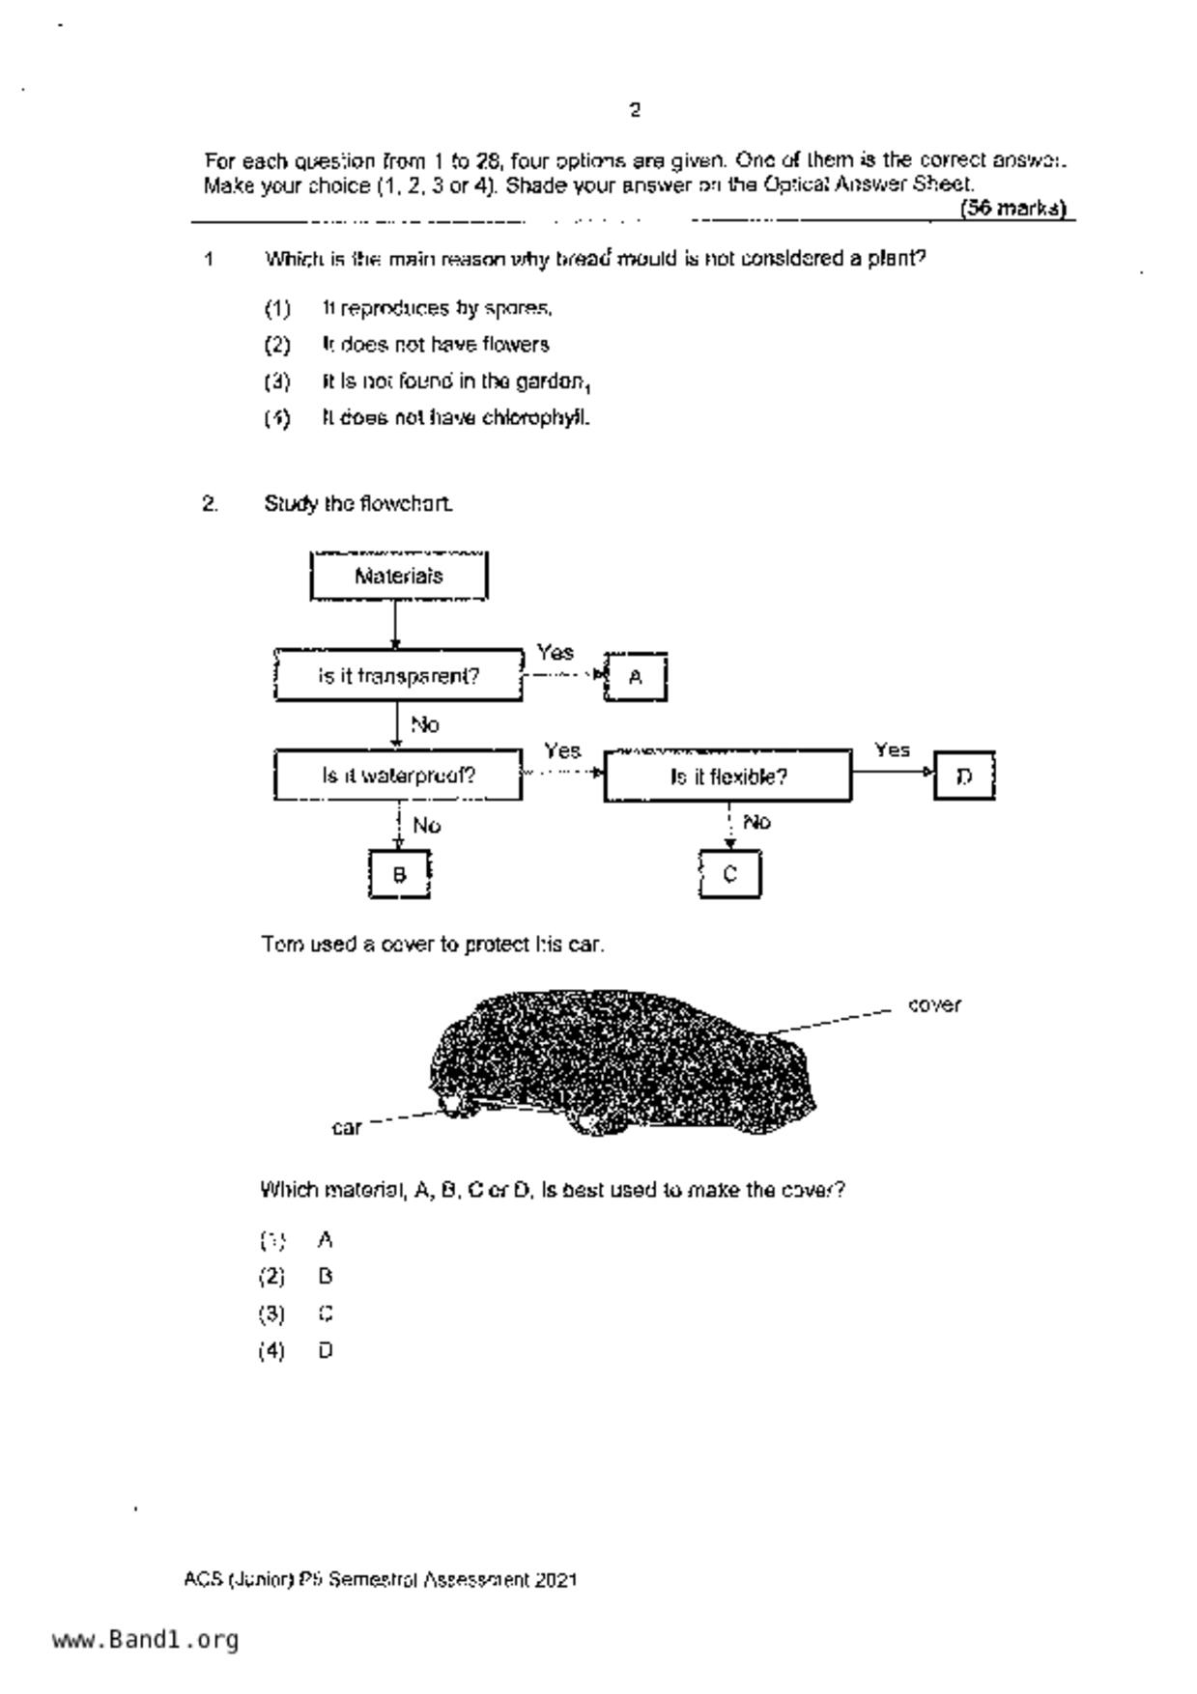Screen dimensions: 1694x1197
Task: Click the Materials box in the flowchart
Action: pos(398,577)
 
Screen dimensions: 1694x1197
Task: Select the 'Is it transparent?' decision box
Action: pos(398,676)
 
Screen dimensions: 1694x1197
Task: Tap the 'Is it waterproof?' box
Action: pos(398,776)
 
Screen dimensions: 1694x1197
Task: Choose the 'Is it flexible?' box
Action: pos(727,776)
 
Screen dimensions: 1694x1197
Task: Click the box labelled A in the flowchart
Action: pos(635,677)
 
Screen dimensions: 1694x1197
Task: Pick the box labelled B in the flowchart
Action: pos(399,874)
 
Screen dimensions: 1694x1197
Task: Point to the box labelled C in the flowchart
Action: pos(729,874)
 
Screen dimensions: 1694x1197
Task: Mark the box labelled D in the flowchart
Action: pos(964,776)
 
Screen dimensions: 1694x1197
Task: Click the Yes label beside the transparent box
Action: pos(555,653)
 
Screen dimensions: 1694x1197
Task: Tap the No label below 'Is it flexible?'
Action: pos(756,822)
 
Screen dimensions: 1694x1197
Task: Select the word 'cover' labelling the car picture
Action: pos(934,1005)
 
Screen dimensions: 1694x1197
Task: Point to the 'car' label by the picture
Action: pos(346,1127)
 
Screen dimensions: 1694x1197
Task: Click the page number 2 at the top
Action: pos(635,110)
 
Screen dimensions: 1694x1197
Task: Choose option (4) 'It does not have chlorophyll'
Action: pos(454,418)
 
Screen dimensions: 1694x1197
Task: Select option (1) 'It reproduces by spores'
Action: pos(437,309)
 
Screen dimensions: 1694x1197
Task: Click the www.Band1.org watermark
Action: pos(145,1640)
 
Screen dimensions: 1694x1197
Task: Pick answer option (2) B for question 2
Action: pos(325,1277)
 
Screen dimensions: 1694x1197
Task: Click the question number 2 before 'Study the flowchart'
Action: pos(210,503)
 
